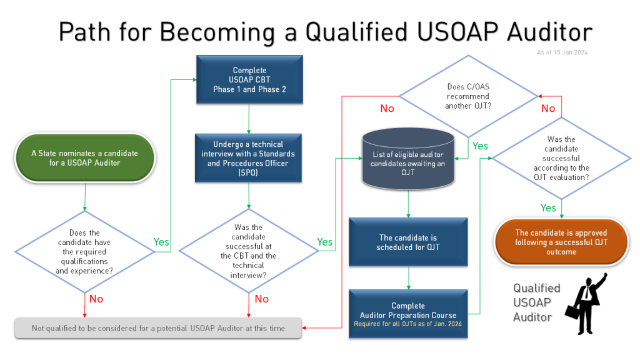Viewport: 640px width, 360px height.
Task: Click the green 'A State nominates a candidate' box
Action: [84, 157]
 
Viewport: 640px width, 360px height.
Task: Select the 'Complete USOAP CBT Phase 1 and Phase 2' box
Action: [249, 79]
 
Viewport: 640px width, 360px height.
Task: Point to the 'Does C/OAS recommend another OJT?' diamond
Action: [468, 96]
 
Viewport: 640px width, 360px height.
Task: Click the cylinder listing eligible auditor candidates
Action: [408, 159]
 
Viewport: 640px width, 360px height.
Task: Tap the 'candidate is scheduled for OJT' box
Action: [408, 242]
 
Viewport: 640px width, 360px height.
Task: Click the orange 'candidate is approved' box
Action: [561, 242]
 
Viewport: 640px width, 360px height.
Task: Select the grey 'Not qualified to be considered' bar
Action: [158, 328]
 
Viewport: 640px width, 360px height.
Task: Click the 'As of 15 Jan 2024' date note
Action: [562, 52]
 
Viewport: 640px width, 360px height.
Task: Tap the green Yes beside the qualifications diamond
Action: [161, 242]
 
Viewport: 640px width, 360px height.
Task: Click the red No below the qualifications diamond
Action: [96, 299]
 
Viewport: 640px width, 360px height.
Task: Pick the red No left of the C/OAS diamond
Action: [387, 109]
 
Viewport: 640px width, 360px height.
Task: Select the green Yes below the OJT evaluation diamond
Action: [547, 207]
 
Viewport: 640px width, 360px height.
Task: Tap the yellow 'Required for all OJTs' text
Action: [408, 324]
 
